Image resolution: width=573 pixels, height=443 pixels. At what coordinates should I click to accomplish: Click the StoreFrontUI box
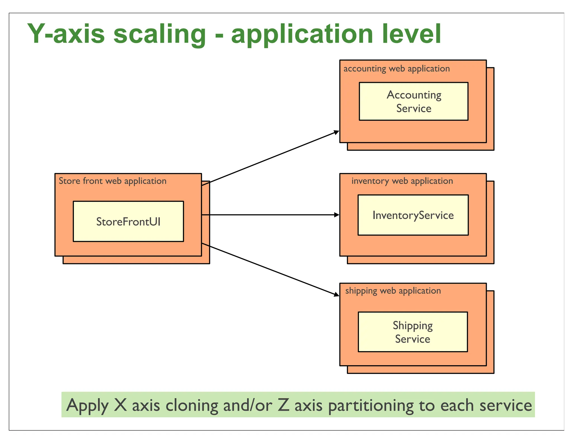coord(128,221)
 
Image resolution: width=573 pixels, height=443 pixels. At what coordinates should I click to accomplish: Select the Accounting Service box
coord(414,101)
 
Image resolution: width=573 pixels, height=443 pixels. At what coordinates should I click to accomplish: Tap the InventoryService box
coord(413,215)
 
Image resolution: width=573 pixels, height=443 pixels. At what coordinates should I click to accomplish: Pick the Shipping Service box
coord(413,332)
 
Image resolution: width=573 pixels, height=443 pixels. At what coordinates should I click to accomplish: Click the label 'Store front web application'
coord(112,181)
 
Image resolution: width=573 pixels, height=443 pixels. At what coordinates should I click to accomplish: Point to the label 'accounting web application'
coord(396,69)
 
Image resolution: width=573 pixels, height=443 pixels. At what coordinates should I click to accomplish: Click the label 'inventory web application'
coord(402,181)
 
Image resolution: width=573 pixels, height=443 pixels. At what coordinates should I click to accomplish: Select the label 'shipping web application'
coord(393,291)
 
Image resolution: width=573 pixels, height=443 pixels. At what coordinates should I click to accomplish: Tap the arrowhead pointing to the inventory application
coord(337,215)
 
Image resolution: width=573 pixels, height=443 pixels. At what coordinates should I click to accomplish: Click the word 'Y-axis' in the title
coord(66,34)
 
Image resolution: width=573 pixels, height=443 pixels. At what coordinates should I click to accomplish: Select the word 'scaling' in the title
coord(159,35)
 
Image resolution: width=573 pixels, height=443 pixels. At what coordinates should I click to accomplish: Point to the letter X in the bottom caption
coord(120,405)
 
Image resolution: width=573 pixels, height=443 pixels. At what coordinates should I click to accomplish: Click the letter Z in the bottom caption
coord(283,405)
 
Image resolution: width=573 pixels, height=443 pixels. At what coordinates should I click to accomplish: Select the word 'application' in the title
coord(302,35)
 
